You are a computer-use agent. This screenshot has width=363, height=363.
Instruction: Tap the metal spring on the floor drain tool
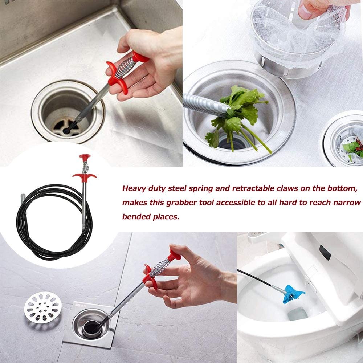click(x=160, y=267)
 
